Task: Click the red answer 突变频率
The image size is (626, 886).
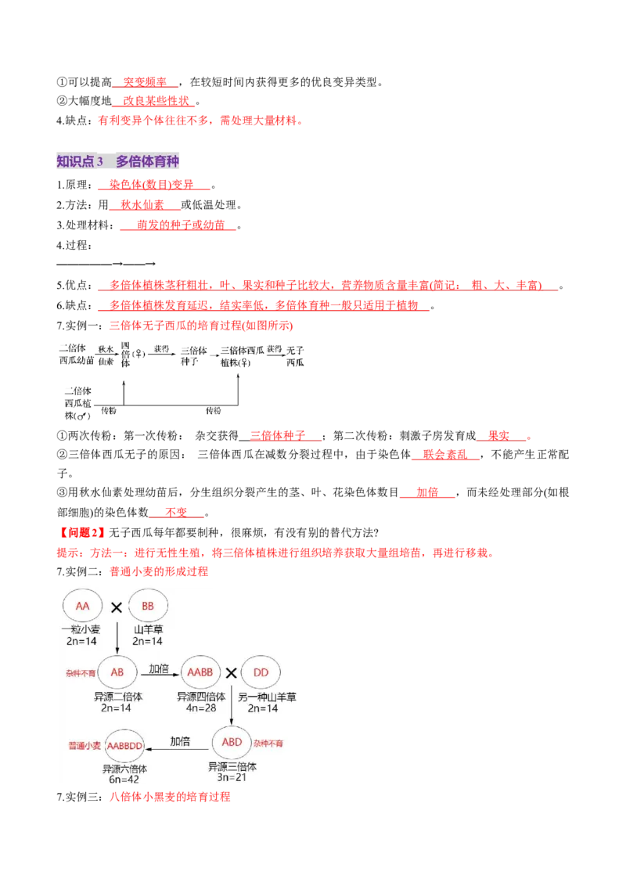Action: click(x=145, y=82)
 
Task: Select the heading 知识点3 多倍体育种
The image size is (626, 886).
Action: click(x=117, y=161)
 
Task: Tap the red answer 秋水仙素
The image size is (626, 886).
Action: click(x=142, y=204)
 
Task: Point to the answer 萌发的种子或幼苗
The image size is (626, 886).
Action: click(x=181, y=225)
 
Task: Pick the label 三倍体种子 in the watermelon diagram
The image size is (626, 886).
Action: click(x=194, y=356)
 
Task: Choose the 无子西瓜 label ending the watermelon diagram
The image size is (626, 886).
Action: click(x=295, y=357)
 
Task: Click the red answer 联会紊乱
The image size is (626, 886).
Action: click(x=445, y=454)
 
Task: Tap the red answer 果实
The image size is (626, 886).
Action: click(x=499, y=436)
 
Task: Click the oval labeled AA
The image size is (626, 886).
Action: click(x=82, y=606)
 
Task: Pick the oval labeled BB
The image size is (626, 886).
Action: click(x=148, y=606)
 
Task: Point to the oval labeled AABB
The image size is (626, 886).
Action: click(x=200, y=672)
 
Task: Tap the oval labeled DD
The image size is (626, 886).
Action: click(x=261, y=672)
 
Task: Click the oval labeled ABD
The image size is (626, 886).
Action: click(x=232, y=743)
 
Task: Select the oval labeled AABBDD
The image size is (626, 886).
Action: click(x=125, y=746)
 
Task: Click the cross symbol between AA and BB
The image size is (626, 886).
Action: click(x=117, y=607)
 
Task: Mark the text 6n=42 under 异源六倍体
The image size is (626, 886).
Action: click(x=124, y=780)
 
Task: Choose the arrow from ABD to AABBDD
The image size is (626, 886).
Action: click(x=178, y=749)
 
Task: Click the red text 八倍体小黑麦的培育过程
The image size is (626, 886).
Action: click(x=170, y=797)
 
